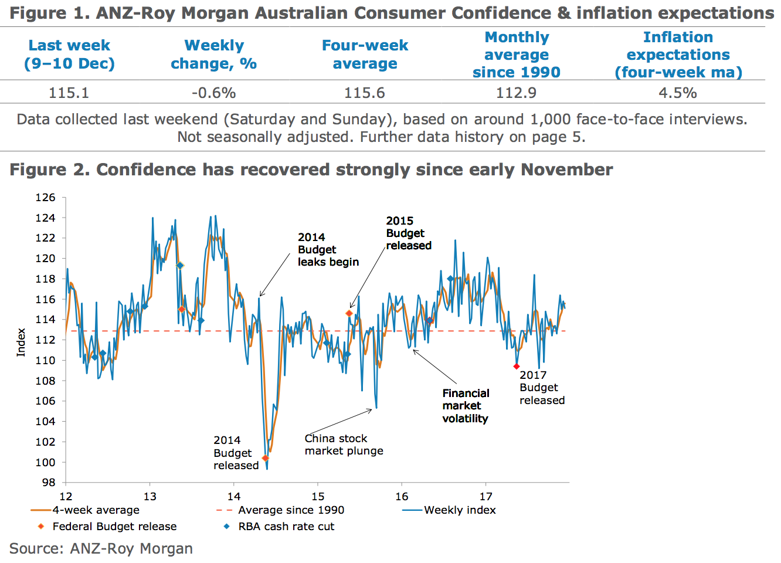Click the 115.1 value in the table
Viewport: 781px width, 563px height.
coord(69,93)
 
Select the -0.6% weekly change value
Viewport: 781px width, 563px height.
coord(213,93)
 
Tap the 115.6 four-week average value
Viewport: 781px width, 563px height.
coord(365,93)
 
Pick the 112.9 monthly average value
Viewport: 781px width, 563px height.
coord(516,93)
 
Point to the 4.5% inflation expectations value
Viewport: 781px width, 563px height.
coord(678,93)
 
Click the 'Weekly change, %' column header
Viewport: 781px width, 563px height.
coord(213,55)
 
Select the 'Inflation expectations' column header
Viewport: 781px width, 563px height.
coord(678,55)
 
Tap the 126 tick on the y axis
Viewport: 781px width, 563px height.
coord(45,198)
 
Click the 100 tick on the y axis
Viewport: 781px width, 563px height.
coord(45,462)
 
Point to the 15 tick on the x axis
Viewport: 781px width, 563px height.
coord(318,497)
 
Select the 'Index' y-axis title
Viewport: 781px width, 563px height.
coord(21,342)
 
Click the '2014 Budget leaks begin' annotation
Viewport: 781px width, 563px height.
coord(328,250)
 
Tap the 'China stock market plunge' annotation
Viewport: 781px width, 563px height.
coord(344,445)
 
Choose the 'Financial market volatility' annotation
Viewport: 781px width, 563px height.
coord(466,406)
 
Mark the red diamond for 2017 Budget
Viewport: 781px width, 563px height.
coord(517,367)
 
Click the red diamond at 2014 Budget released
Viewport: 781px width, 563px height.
coord(265,458)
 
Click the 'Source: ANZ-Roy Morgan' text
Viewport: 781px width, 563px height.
coord(101,549)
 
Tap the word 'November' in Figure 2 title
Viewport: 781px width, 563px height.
coord(566,170)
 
